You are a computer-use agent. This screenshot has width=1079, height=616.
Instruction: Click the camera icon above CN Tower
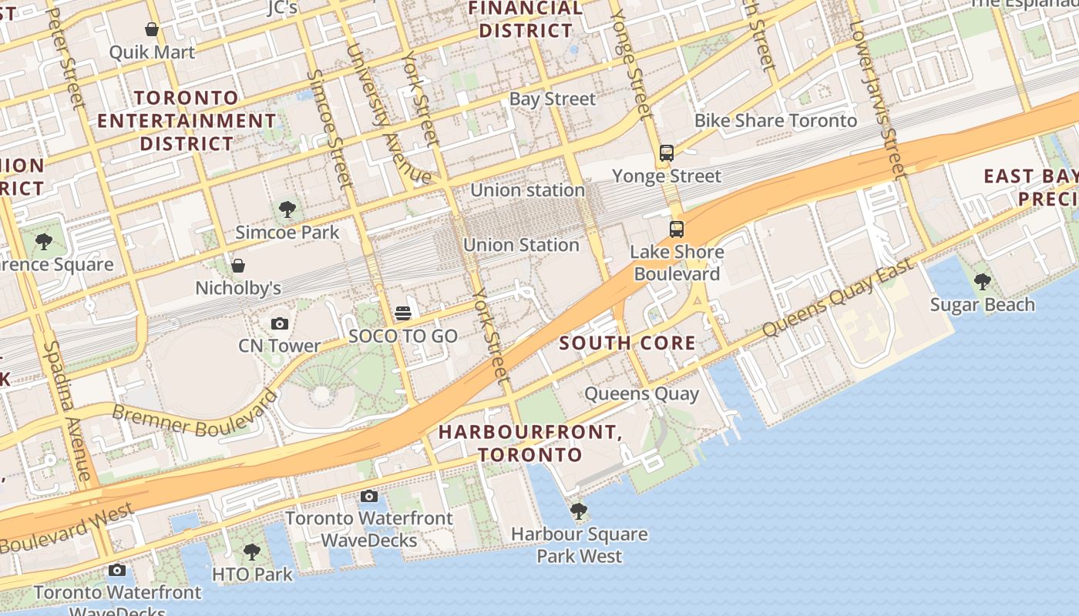click(x=280, y=324)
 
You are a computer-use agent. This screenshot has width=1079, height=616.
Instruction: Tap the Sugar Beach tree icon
click(x=982, y=282)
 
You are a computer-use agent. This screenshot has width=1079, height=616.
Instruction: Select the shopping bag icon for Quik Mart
click(x=152, y=29)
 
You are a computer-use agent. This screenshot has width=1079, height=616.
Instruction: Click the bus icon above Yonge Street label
click(x=667, y=153)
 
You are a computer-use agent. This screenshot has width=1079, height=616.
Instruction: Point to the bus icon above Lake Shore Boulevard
click(x=676, y=229)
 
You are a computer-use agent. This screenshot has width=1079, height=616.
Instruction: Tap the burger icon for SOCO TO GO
click(x=403, y=313)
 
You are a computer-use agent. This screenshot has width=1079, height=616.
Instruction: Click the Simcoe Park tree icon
click(x=287, y=209)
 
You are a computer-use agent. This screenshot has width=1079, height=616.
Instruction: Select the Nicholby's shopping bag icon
click(x=238, y=266)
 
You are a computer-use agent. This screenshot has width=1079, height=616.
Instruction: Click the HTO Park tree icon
click(x=252, y=552)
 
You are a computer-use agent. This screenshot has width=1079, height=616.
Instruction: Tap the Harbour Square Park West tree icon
click(x=579, y=511)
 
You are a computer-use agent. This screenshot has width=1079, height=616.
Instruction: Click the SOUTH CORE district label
click(x=627, y=343)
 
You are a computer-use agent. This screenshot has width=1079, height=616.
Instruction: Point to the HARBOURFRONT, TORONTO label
click(x=529, y=444)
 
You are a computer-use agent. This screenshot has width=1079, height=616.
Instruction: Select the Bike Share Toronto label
click(x=775, y=121)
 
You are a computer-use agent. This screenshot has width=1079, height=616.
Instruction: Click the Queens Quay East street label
click(x=838, y=298)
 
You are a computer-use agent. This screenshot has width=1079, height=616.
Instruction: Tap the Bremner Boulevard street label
click(x=195, y=411)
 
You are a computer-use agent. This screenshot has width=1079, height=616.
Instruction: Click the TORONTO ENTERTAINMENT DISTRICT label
click(x=187, y=121)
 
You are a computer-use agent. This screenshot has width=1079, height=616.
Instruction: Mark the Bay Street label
click(x=553, y=99)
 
